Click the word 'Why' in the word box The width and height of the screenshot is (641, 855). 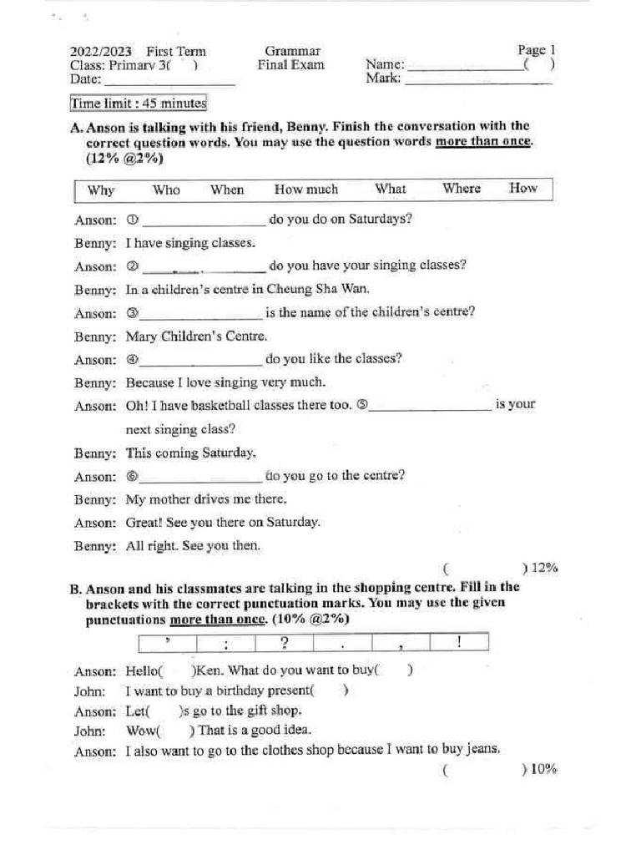click(x=101, y=190)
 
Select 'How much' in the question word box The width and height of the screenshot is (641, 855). click(x=306, y=190)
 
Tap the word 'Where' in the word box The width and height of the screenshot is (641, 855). click(x=462, y=189)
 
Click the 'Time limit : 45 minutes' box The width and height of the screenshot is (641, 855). click(x=139, y=104)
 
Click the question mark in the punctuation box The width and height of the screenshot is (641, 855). click(x=284, y=642)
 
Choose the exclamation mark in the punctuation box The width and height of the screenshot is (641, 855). click(x=459, y=641)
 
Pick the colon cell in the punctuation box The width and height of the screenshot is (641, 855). click(x=226, y=644)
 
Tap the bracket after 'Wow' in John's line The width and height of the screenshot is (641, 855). click(x=178, y=731)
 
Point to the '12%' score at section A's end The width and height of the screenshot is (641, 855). click(x=543, y=568)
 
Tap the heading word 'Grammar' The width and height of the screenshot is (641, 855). click(x=292, y=52)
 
